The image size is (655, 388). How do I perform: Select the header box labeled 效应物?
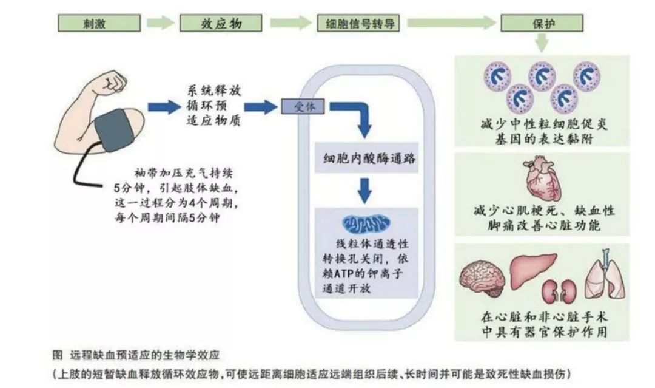tap(221, 23)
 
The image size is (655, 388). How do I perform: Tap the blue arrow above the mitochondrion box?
tap(364, 189)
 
